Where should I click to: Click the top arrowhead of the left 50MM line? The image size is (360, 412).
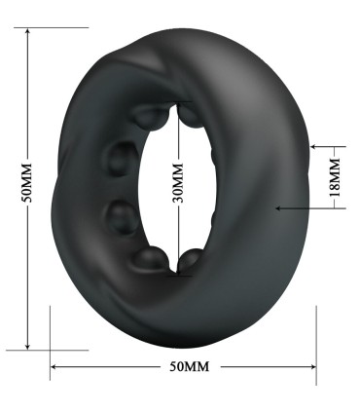coord(28,33)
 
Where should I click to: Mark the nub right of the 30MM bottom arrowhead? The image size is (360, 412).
coord(192,259)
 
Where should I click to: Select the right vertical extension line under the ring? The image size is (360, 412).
coord(316,336)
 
